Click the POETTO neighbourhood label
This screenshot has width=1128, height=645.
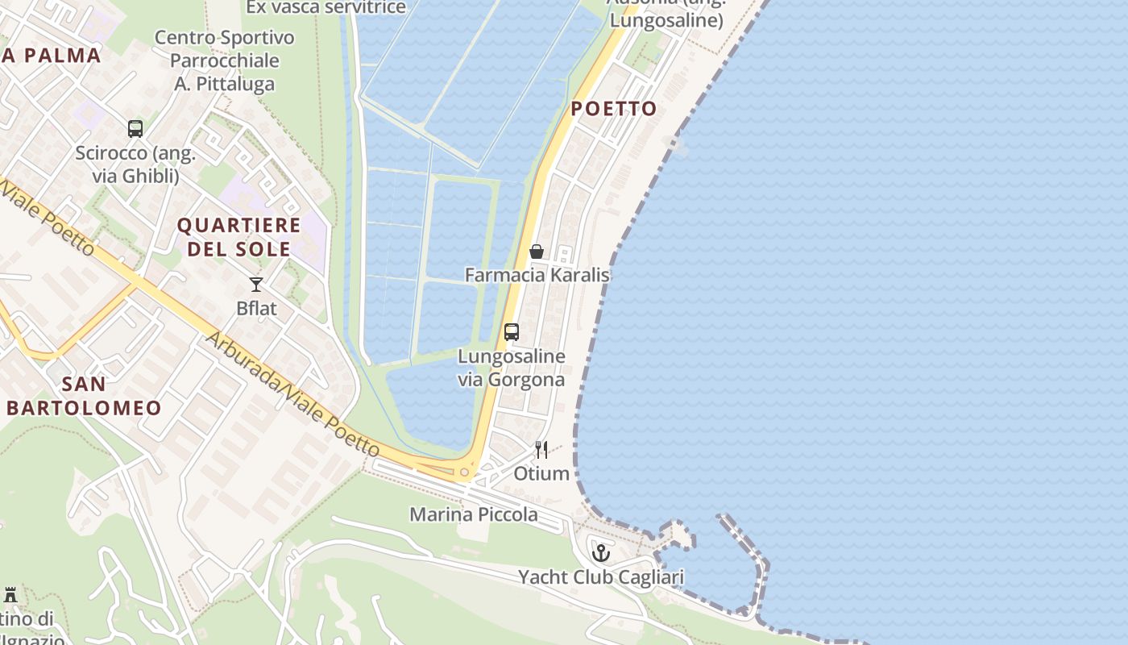pyautogui.click(x=614, y=109)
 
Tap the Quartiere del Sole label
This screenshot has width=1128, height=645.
pyautogui.click(x=238, y=237)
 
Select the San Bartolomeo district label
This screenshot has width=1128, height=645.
pyautogui.click(x=84, y=396)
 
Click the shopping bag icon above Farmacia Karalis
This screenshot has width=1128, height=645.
pyautogui.click(x=536, y=252)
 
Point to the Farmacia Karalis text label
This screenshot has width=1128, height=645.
pyautogui.click(x=537, y=275)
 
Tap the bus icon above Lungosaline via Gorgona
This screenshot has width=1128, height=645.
pyautogui.click(x=511, y=331)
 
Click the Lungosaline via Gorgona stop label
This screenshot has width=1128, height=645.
pyautogui.click(x=511, y=368)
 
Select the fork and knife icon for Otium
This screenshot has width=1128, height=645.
pyautogui.click(x=541, y=450)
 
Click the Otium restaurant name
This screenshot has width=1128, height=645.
pyautogui.click(x=541, y=473)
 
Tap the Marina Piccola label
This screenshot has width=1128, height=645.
pyautogui.click(x=474, y=514)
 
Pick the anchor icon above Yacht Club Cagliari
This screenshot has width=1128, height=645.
pyautogui.click(x=600, y=553)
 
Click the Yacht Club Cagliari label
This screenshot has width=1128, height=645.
pyautogui.click(x=600, y=577)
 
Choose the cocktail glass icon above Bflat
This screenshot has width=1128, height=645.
pyautogui.click(x=256, y=284)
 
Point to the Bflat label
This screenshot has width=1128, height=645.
pyautogui.click(x=256, y=308)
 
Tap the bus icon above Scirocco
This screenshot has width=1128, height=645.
pyautogui.click(x=135, y=129)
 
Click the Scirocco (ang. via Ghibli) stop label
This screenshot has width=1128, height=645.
pyautogui.click(x=135, y=164)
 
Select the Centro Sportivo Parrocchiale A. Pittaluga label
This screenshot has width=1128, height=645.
pyautogui.click(x=225, y=60)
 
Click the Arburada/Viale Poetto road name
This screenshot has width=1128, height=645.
pyautogui.click(x=292, y=392)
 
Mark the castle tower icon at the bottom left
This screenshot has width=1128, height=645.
pyautogui.click(x=10, y=595)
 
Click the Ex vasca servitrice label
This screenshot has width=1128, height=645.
pyautogui.click(x=326, y=7)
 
